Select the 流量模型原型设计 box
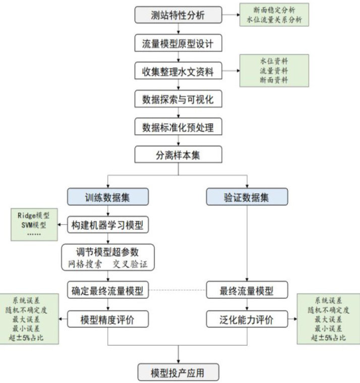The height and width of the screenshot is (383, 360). (178, 43)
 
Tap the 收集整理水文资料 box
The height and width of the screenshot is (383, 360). (178, 72)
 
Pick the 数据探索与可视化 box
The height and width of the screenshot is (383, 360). (178, 99)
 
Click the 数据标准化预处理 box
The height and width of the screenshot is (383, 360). (178, 127)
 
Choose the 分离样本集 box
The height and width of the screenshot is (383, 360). (178, 154)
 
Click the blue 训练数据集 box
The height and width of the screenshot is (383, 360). (108, 197)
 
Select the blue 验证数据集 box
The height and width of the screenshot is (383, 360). (247, 197)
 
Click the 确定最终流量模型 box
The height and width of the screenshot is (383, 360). (108, 290)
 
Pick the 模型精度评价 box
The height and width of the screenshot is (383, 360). (108, 318)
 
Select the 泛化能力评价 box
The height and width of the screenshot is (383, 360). (247, 318)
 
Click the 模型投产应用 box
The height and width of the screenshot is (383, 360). (178, 373)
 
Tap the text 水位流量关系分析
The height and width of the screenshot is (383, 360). (273, 20)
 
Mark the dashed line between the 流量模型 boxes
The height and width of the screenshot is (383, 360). (178, 290)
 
